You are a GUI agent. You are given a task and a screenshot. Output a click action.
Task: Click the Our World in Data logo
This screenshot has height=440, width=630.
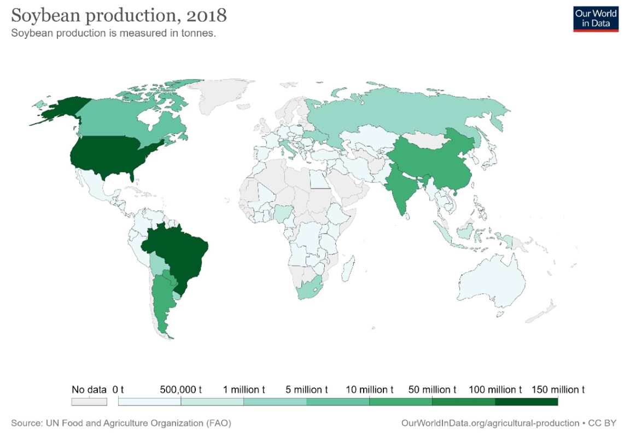tap(596, 19)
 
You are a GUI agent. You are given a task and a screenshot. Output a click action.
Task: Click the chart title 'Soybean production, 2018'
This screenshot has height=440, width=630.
tap(119, 15)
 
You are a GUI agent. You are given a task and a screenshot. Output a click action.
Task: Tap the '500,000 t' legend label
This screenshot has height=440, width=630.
tap(181, 390)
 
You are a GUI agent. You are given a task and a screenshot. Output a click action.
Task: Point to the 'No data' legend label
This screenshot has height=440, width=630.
tap(89, 390)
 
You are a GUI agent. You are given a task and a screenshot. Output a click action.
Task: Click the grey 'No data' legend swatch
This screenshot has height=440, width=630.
tap(89, 401)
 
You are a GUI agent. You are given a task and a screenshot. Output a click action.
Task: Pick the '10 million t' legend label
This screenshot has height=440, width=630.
tap(370, 390)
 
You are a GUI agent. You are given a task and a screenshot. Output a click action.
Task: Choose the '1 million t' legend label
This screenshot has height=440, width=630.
tap(244, 390)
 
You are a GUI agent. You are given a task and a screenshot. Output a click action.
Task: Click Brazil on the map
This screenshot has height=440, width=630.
tap(178, 257)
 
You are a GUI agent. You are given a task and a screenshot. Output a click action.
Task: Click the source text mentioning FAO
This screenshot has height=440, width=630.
tap(121, 423)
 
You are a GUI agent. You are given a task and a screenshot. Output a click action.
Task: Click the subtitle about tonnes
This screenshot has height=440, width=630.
tap(114, 33)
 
